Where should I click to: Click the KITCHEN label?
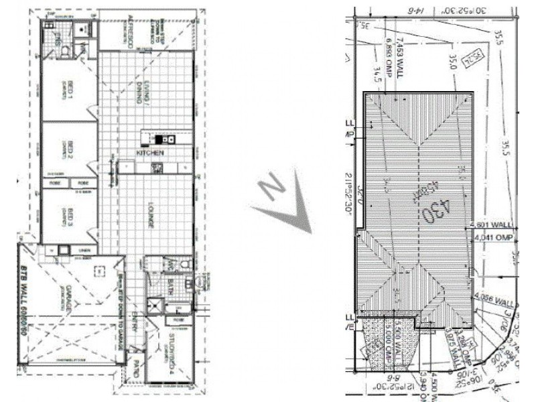click(x=150, y=153)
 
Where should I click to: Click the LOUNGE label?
click(x=151, y=215)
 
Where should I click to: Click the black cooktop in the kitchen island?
click(x=160, y=139)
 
